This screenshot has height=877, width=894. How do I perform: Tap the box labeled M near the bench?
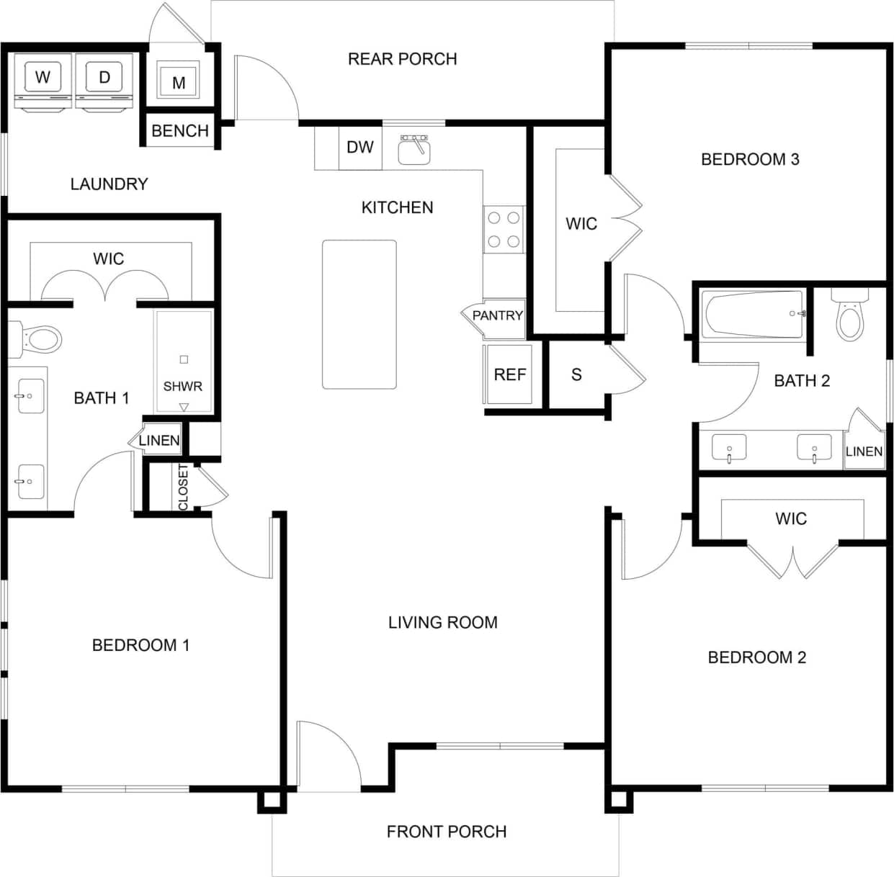tap(179, 82)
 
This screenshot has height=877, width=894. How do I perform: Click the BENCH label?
tap(180, 131)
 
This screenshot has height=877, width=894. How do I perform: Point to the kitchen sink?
tap(414, 150)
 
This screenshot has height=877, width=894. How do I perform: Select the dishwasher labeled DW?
tap(360, 148)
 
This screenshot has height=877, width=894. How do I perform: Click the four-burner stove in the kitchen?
tap(504, 229)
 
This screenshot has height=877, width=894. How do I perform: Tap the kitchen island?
tap(359, 315)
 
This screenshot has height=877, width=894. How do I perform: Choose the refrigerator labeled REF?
tap(510, 374)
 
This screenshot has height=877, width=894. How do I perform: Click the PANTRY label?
tap(497, 315)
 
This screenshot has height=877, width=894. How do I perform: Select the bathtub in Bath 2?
tap(754, 314)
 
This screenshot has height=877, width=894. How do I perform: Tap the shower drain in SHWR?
tap(184, 359)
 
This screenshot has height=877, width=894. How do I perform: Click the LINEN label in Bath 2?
tap(864, 451)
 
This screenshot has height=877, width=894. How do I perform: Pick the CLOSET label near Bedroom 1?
tap(183, 487)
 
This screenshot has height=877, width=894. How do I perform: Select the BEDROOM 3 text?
tap(750, 159)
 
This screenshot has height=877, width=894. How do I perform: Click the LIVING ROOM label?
tap(442, 622)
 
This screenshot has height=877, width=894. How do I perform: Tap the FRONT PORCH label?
tap(446, 832)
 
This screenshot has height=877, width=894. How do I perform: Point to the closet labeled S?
tap(576, 374)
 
